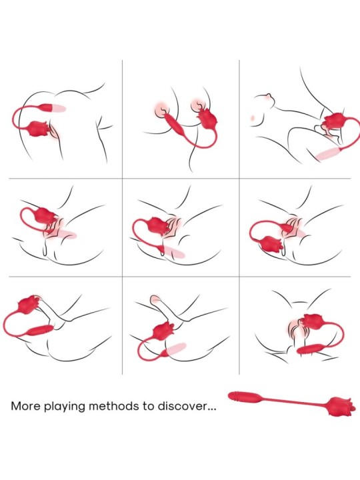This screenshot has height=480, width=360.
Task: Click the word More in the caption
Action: click(x=26, y=406)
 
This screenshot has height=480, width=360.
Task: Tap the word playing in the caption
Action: click(x=65, y=407)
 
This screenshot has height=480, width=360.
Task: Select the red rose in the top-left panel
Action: click(x=39, y=129)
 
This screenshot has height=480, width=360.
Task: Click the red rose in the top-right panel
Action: click(x=334, y=121)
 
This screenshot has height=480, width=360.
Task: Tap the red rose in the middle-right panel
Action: click(x=271, y=244)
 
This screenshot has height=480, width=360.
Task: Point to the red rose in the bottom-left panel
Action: click(x=29, y=303)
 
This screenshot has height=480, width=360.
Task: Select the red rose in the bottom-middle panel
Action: click(x=164, y=331)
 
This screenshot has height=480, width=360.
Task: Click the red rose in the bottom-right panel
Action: click(x=313, y=321)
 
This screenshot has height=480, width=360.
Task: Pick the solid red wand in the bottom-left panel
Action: click(x=41, y=330)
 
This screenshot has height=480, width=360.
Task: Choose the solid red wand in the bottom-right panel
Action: click(x=309, y=349)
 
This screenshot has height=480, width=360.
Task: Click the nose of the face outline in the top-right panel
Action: click(x=269, y=96)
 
